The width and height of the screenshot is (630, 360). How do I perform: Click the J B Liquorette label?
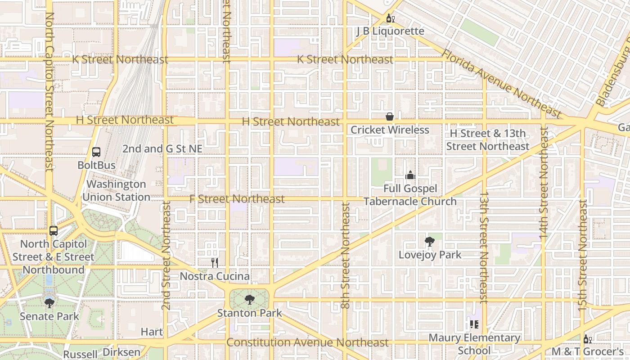click(x=390, y=31)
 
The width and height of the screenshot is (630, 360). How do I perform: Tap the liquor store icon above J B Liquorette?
click(x=390, y=18)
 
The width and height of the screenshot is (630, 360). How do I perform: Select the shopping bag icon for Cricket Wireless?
click(x=390, y=117)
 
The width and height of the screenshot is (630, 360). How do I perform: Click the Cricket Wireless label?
click(x=390, y=130)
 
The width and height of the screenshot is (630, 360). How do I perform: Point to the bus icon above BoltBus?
click(x=96, y=152)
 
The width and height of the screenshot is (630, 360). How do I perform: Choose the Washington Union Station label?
click(x=116, y=191)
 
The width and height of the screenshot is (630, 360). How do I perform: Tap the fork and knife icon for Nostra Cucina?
click(x=215, y=263)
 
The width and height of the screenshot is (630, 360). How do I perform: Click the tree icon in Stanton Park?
click(x=249, y=300)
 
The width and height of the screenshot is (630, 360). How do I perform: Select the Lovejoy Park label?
click(x=430, y=255)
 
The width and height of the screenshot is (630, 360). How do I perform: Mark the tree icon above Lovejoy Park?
click(x=430, y=242)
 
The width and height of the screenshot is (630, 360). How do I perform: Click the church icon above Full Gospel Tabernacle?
click(x=410, y=175)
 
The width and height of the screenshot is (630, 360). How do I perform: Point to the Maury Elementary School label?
click(x=474, y=344)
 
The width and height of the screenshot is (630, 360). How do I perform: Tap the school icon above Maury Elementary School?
click(x=474, y=324)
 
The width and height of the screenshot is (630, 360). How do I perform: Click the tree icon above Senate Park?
click(x=49, y=303)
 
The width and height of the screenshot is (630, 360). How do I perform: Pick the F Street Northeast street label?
click(x=237, y=199)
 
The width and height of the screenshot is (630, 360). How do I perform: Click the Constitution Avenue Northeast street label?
click(x=307, y=342)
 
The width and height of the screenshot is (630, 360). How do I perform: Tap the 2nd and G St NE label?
click(x=162, y=149)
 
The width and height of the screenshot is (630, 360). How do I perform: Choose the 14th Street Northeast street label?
click(x=544, y=183)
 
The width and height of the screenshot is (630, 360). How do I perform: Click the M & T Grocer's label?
click(x=587, y=351)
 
